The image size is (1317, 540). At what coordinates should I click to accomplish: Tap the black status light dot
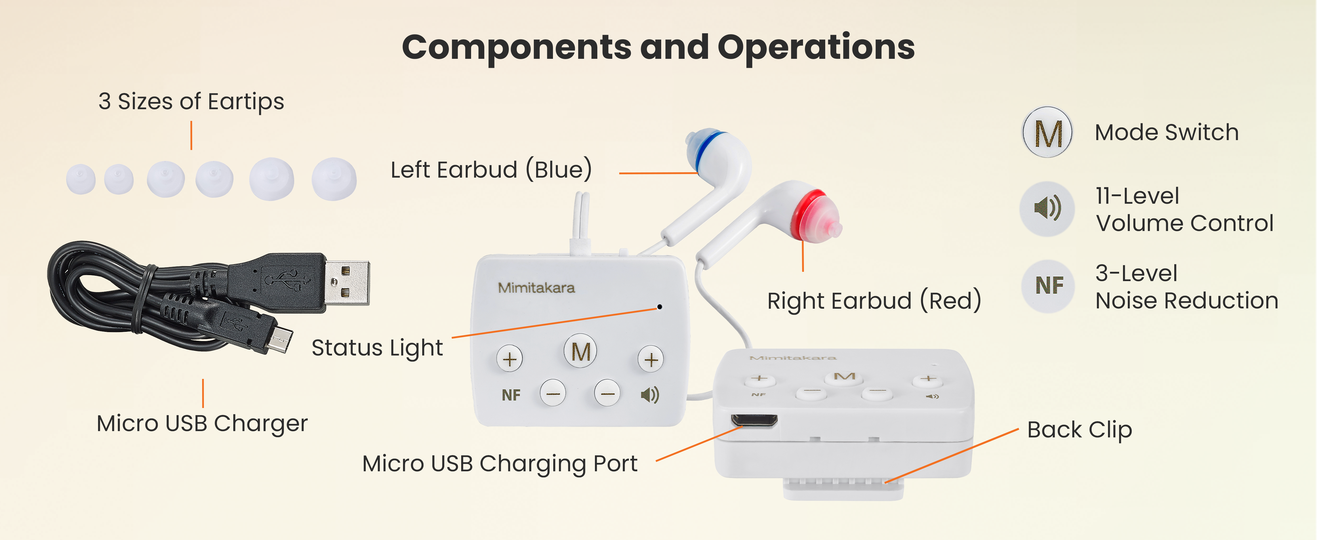pyautogui.click(x=659, y=307)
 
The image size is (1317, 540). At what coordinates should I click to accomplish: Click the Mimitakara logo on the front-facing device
pyautogui.click(x=536, y=288)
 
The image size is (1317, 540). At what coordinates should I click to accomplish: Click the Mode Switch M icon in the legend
pyautogui.click(x=1047, y=132)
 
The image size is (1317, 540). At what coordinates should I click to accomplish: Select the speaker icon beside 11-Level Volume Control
pyautogui.click(x=1047, y=208)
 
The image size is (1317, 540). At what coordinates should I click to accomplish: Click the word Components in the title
pyautogui.click(x=516, y=47)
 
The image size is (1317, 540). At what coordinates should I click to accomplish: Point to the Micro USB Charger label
pyautogui.click(x=202, y=423)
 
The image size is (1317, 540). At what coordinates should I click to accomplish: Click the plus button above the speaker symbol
pyautogui.click(x=651, y=359)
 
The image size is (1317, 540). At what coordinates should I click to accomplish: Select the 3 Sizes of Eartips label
pyautogui.click(x=191, y=101)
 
